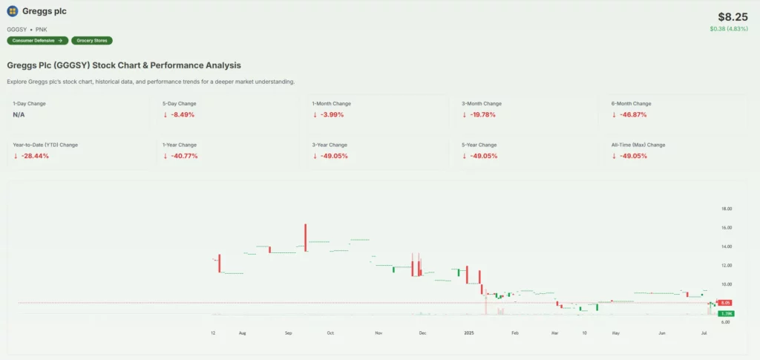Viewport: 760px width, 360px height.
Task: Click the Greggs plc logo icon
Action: tap(12, 11)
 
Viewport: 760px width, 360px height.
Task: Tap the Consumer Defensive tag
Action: tap(37, 40)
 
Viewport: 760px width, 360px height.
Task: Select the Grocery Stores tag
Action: tap(92, 40)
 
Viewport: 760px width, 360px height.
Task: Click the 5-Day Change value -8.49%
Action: tap(180, 114)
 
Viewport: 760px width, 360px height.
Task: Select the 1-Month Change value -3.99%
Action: tap(330, 114)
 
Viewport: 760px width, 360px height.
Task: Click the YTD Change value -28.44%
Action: tap(31, 156)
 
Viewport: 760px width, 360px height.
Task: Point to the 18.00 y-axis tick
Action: tap(727, 209)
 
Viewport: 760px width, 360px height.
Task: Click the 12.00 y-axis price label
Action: tap(727, 265)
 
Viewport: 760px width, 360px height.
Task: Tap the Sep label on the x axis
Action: tap(288, 333)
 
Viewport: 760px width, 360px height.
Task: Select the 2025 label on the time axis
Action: tap(469, 333)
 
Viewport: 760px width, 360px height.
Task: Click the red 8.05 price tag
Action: tap(726, 303)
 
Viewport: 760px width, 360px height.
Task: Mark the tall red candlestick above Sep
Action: tap(306, 237)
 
